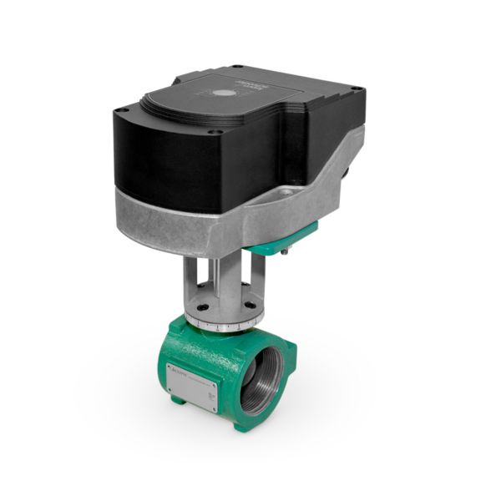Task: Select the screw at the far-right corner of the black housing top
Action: (358, 87)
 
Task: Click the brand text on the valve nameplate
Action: (176, 370)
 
